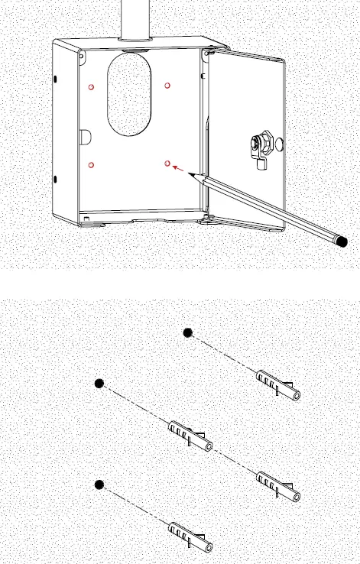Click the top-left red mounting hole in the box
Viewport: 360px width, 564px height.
point(92,86)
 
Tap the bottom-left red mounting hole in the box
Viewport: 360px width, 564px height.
point(92,164)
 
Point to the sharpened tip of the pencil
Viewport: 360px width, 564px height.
point(193,174)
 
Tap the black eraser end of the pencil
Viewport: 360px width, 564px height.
point(344,241)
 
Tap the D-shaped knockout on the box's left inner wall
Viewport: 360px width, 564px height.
point(85,137)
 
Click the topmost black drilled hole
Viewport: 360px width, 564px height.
point(187,332)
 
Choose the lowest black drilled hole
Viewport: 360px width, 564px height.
point(99,485)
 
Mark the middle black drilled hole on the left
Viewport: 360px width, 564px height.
point(99,384)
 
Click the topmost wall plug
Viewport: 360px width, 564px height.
point(278,385)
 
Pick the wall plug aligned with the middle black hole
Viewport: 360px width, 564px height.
point(190,435)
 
